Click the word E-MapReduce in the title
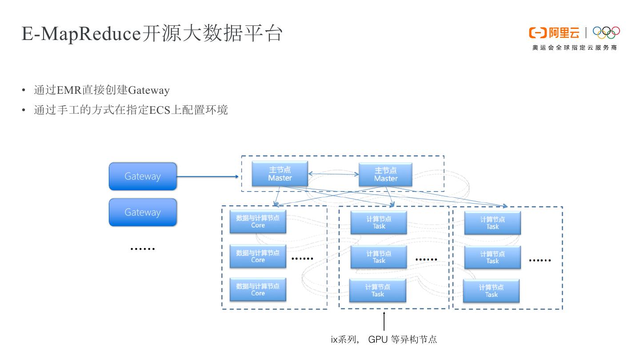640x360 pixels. [x=81, y=34]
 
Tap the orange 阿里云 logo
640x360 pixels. [x=554, y=32]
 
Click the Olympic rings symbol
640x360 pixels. [x=606, y=32]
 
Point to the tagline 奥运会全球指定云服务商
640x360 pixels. [x=575, y=48]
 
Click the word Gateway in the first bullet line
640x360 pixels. [x=148, y=90]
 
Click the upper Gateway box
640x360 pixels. [x=143, y=176]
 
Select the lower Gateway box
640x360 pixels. [x=143, y=212]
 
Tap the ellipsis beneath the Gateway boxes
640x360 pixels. [x=143, y=249]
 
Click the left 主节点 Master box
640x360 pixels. [x=280, y=174]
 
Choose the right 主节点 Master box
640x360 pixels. [x=385, y=175]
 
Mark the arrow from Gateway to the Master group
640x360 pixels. [x=208, y=176]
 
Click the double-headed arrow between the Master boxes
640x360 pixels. [x=333, y=174]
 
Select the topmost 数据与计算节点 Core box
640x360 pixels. [x=258, y=222]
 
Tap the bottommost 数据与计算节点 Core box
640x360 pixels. [x=258, y=290]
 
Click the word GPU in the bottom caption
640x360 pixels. [x=377, y=340]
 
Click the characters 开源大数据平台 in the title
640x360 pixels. [x=212, y=34]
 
